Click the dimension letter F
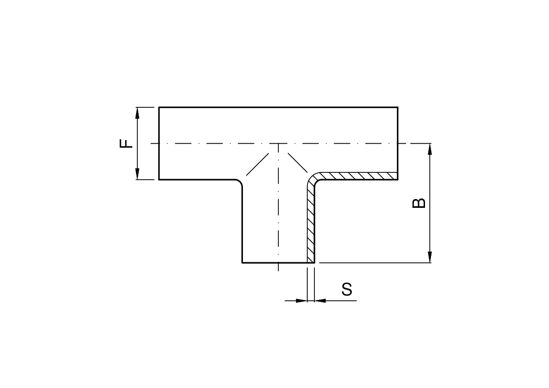click(126, 143)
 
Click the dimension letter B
click(419, 203)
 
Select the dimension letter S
click(347, 289)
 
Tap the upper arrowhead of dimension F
click(137, 113)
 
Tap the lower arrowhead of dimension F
click(137, 174)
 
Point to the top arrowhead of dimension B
click(430, 149)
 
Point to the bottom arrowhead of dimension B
click(430, 257)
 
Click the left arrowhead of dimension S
click(301, 300)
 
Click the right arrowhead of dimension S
click(320, 300)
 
